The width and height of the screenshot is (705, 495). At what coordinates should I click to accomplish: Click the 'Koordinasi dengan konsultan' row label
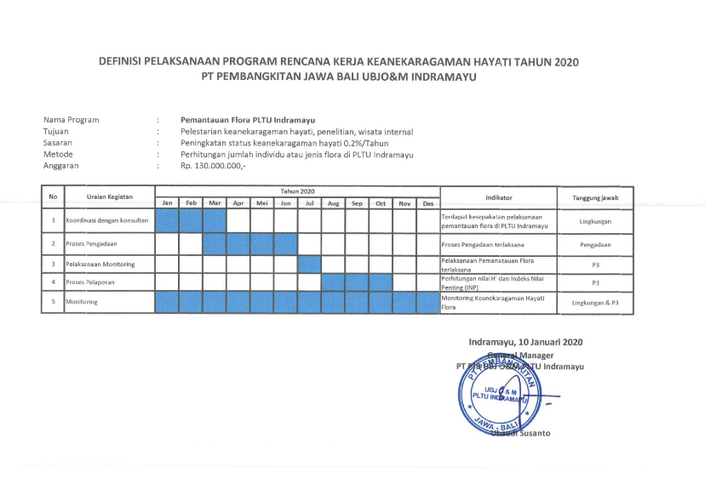tap(107, 221)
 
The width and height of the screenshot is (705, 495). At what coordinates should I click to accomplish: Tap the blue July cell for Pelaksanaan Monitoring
tap(309, 264)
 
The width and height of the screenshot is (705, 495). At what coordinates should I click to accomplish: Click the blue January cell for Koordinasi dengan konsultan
tap(168, 221)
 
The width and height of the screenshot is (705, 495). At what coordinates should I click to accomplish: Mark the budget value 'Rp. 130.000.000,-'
tap(214, 167)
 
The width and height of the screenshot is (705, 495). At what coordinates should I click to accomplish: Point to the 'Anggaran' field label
tap(61, 167)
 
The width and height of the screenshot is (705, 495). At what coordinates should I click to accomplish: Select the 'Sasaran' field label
tap(58, 144)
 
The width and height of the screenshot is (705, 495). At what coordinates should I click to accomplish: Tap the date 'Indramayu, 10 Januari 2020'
tap(525, 342)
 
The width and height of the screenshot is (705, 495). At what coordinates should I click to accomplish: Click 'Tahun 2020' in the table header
tap(297, 191)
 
